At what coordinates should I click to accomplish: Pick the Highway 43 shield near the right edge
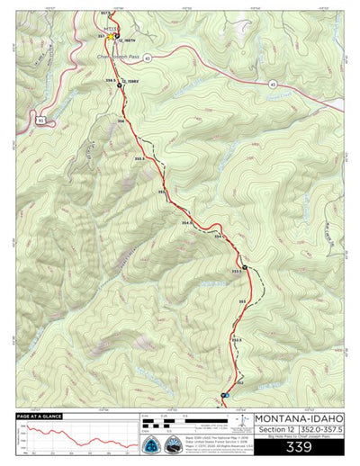pyautogui.click(x=271, y=84)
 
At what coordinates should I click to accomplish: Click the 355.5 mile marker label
pyautogui.click(x=138, y=158)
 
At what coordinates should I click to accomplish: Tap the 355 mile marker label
pyautogui.click(x=161, y=193)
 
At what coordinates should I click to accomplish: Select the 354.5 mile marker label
pyautogui.click(x=186, y=222)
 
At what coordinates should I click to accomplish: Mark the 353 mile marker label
pyautogui.click(x=242, y=301)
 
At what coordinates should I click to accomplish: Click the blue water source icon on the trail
pyautogui.click(x=227, y=395)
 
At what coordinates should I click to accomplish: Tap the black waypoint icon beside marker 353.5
pyautogui.click(x=245, y=267)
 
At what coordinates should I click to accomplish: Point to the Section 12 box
pyautogui.click(x=274, y=430)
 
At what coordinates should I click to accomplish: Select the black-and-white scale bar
pyautogui.click(x=171, y=420)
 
